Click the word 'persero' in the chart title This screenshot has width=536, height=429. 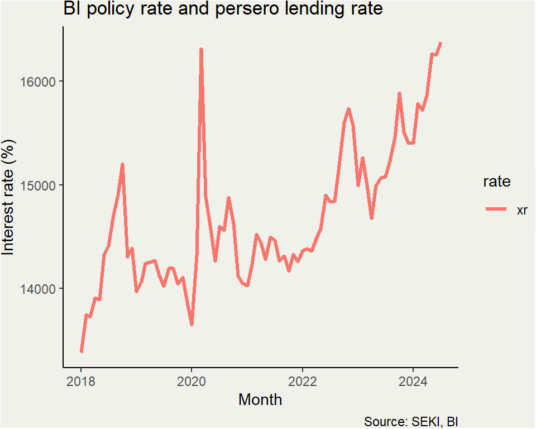coord(255,9)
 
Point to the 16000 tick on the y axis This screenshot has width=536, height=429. coord(40,82)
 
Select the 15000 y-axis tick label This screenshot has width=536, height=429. coord(40,185)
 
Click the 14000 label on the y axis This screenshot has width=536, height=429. coord(40,289)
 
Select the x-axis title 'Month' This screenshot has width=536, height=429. coord(260,400)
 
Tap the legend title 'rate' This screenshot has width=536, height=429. coord(496,182)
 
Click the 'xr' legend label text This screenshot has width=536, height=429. coord(522,209)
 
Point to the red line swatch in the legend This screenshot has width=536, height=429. coord(496,209)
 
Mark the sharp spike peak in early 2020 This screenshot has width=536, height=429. coord(201,50)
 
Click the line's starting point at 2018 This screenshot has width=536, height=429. coord(82,351)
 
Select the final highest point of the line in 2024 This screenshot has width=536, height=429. coord(441,43)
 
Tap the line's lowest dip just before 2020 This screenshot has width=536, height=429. coord(192,324)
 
